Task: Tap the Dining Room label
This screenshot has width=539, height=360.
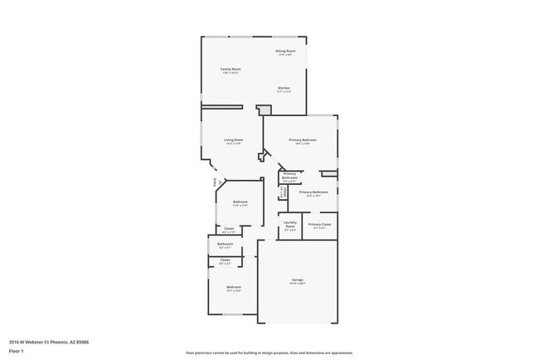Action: (x=285, y=51)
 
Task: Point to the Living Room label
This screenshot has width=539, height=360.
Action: (x=233, y=140)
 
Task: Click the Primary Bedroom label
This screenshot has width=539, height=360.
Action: (x=300, y=140)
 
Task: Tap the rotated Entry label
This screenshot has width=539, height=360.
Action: (x=214, y=178)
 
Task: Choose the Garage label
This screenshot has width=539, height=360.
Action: (x=297, y=280)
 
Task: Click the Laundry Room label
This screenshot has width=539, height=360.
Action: (x=290, y=224)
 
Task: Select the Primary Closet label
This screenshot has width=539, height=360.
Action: (x=320, y=225)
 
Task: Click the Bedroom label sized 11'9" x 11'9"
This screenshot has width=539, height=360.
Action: (x=240, y=202)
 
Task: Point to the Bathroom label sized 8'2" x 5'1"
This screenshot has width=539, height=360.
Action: (x=226, y=244)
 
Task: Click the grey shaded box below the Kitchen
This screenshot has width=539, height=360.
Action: (x=264, y=110)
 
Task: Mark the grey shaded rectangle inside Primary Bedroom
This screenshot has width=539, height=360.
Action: (x=328, y=173)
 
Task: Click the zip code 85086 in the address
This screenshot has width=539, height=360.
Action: (x=84, y=341)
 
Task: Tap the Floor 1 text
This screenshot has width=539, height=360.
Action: (x=17, y=350)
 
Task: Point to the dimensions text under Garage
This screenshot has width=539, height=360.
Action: (x=297, y=285)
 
